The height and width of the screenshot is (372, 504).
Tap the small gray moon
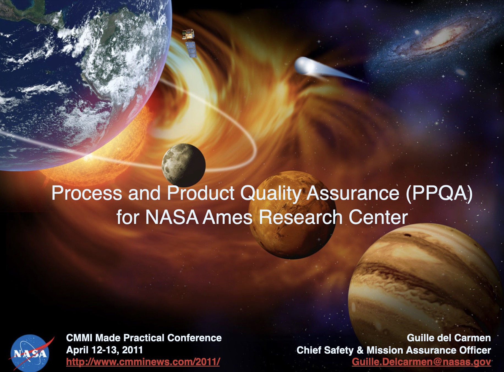coord(183,165)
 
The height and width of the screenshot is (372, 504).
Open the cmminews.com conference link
coord(143,362)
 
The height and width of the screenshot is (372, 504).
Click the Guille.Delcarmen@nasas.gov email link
coord(421,362)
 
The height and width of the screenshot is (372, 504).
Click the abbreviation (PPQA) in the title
coord(439,193)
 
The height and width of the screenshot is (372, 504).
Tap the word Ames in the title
coord(228,217)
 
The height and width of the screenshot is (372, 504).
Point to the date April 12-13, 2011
coord(105,350)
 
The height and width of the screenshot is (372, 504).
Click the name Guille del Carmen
coord(449,338)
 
